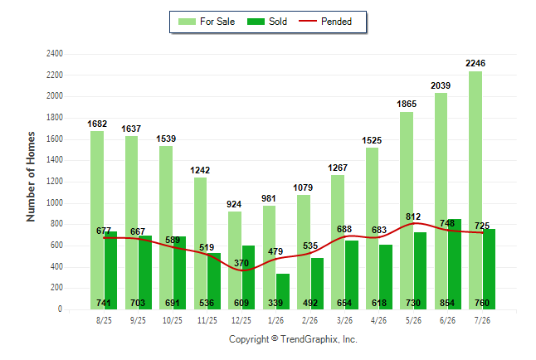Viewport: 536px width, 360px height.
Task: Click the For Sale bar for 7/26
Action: point(475,191)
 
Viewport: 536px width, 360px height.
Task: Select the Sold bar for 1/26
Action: point(283,292)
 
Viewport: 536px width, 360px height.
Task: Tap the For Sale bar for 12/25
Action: point(235,260)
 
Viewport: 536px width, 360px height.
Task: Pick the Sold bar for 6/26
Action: point(455,265)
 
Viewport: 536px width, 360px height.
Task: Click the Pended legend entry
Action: point(325,22)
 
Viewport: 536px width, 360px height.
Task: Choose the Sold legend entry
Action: point(267,22)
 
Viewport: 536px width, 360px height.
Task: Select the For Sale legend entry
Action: point(207,22)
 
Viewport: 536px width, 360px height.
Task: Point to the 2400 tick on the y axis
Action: point(55,54)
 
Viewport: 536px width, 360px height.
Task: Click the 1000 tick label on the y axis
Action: point(55,202)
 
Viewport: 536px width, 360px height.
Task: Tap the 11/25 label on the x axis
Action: point(207,320)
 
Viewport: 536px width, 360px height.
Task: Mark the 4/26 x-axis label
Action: point(378,320)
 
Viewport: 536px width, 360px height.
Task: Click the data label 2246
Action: point(475,63)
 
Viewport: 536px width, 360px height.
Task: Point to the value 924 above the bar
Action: point(234,204)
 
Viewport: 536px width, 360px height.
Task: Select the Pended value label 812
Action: point(413,216)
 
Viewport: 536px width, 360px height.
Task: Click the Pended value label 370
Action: point(241,263)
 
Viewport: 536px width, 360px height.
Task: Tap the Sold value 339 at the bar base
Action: point(275,303)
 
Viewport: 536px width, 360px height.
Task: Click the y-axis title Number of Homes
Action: point(31,177)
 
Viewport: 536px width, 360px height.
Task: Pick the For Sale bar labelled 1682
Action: point(97,220)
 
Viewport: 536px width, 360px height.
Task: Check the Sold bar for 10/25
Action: point(180,273)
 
